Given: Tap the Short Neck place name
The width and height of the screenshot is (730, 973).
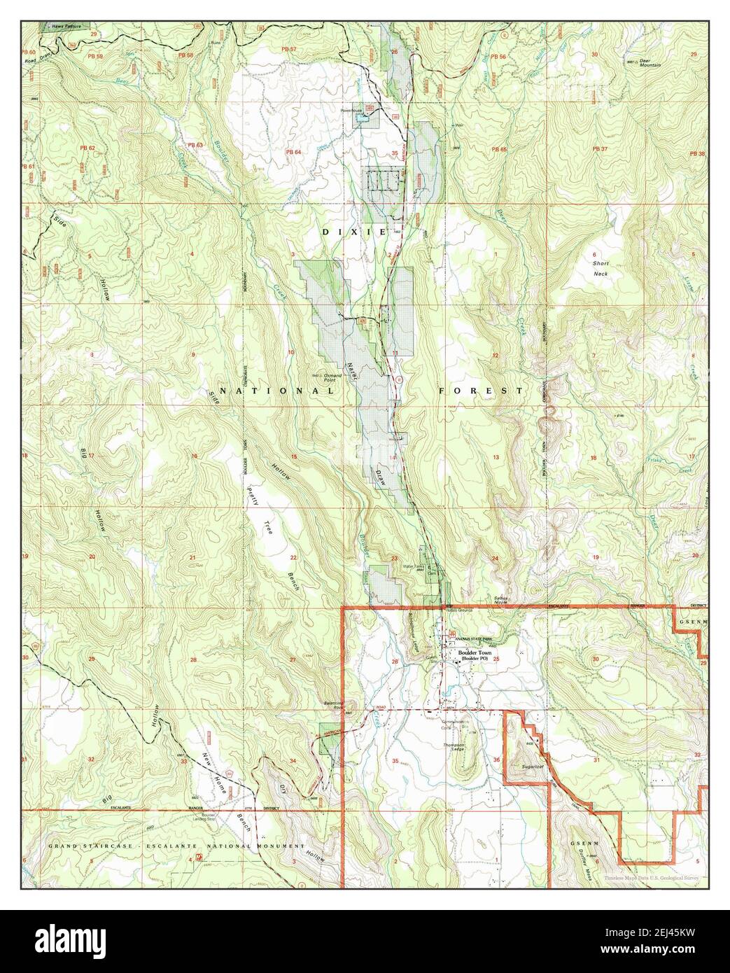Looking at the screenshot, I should point(601,269).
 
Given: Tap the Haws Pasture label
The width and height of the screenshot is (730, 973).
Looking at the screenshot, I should point(57,26).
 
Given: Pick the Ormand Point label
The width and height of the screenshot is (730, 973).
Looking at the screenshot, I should point(328,375).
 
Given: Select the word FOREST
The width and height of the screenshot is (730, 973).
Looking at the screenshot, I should point(481,391).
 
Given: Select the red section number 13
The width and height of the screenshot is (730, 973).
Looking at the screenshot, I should point(496,456).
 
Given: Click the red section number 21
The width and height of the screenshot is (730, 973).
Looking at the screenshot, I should point(192,557).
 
